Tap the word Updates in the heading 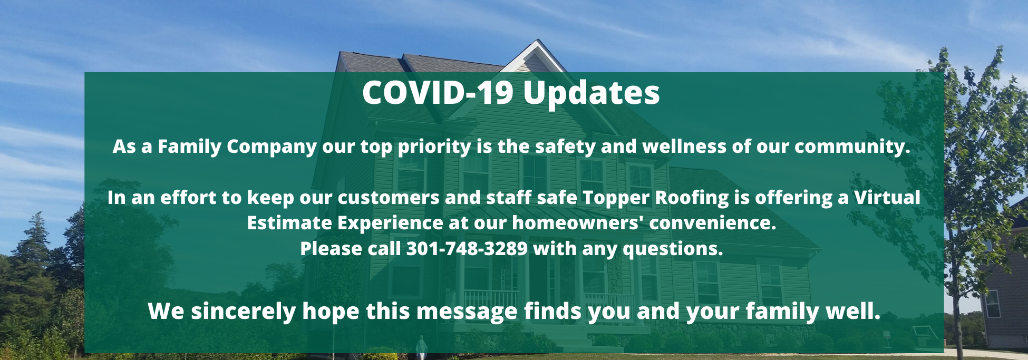click(x=591, y=94)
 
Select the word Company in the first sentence click(x=271, y=147)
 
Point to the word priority click(x=434, y=147)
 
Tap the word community click(x=852, y=147)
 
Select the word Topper click(x=616, y=198)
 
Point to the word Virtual click(x=887, y=197)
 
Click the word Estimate click(x=289, y=222)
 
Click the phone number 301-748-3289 click(x=467, y=248)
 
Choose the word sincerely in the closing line click(x=244, y=311)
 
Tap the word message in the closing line click(x=467, y=312)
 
